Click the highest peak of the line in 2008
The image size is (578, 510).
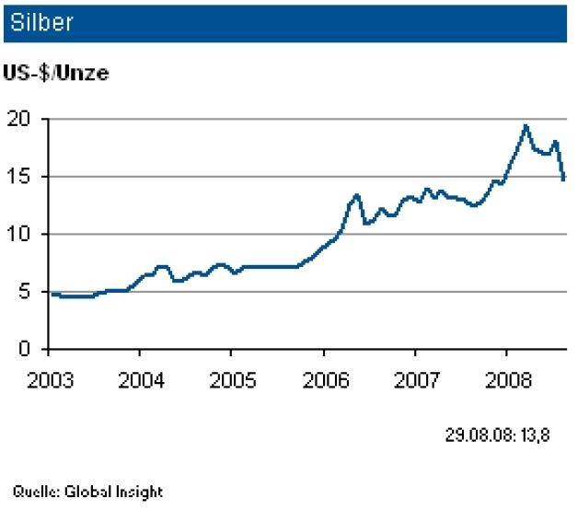[x=526, y=126]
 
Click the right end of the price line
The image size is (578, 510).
[x=563, y=180]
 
